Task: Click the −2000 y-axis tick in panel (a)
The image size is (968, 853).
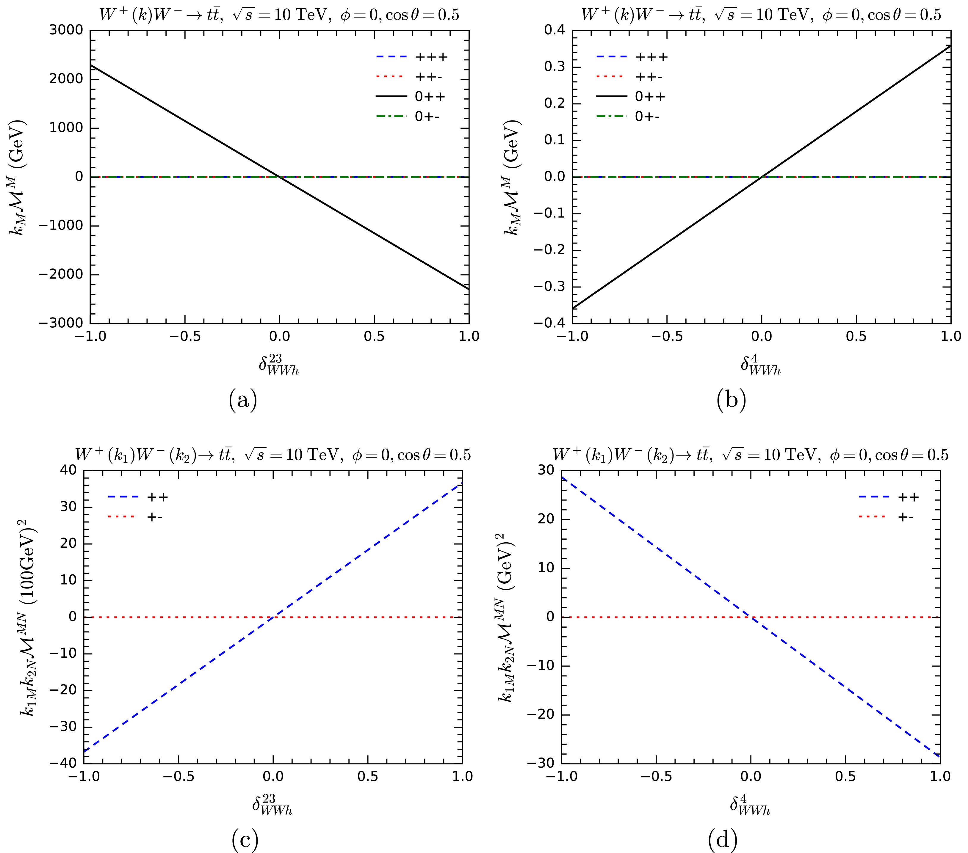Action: click(67, 274)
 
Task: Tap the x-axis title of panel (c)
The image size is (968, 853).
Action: click(272, 805)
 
